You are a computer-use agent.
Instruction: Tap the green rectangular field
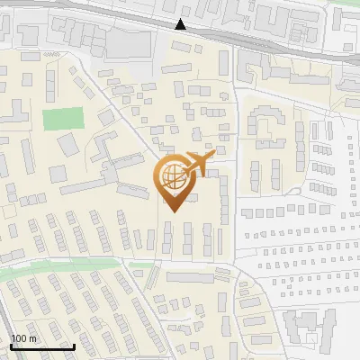[x=62, y=118]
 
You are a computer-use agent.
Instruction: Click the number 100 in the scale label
[x=19, y=338]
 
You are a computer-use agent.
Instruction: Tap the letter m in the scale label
[x=32, y=338]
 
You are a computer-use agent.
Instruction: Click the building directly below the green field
[x=68, y=144]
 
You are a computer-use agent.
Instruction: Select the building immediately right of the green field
[x=105, y=117]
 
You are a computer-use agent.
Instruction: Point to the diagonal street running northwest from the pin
[x=126, y=117]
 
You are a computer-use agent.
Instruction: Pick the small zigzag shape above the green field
[x=49, y=53]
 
